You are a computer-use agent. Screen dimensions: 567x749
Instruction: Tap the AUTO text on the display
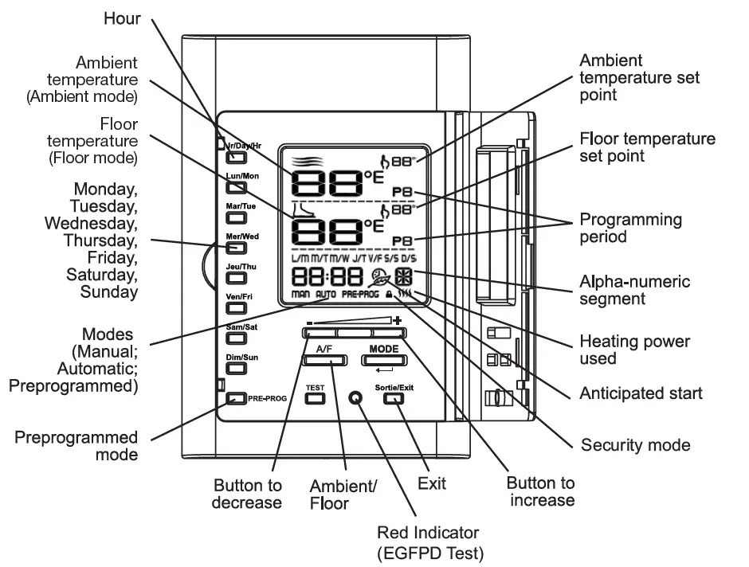[x=325, y=295]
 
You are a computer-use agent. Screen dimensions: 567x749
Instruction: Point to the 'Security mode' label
[x=635, y=444]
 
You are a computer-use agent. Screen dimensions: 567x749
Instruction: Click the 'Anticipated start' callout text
[x=641, y=393]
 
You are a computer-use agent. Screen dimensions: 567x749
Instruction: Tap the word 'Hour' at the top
[x=122, y=18]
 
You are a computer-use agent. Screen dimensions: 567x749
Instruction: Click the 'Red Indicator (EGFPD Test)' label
[x=429, y=542]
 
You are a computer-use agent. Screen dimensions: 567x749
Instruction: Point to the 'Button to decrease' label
[x=247, y=494]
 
